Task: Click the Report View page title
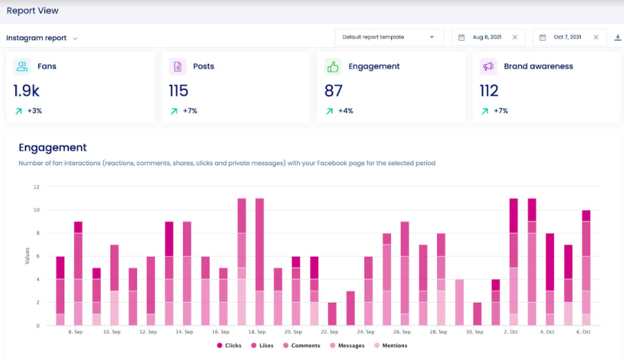point(33,11)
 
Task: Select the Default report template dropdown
point(389,38)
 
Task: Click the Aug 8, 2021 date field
point(487,38)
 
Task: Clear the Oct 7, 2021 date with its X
point(596,38)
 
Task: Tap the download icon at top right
point(618,38)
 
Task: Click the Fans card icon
point(22,66)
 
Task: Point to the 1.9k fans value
point(26,91)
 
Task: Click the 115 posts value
point(179,91)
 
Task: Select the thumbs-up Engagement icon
point(333,66)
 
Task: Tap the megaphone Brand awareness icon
point(488,66)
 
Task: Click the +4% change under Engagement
point(345,111)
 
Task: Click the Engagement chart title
point(52,147)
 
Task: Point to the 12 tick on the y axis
point(36,187)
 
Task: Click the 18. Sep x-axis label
point(256,333)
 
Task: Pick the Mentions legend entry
point(390,346)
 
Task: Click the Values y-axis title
point(27,256)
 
